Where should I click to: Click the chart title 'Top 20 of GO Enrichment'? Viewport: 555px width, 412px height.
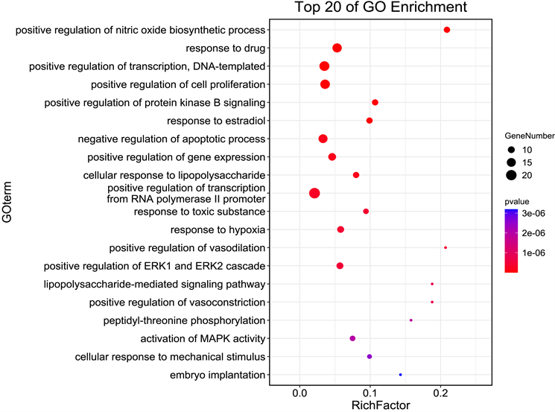click(380, 8)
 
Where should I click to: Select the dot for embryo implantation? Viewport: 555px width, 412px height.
click(401, 375)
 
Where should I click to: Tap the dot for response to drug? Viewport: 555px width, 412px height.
click(337, 48)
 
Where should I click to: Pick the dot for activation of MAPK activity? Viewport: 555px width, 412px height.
click(352, 338)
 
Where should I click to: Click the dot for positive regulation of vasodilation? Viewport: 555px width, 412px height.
click(445, 247)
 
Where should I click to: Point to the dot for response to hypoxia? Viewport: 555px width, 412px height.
click(340, 229)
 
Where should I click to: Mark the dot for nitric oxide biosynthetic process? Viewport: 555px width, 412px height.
click(447, 30)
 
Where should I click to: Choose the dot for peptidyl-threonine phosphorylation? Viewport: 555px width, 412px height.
click(411, 320)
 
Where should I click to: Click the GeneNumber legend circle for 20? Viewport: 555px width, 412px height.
click(511, 176)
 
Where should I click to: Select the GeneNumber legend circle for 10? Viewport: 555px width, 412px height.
click(511, 150)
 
